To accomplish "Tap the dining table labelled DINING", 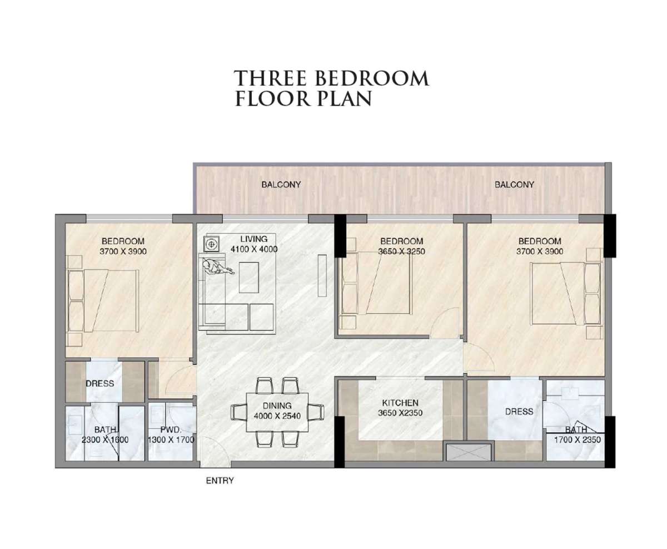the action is (277, 412).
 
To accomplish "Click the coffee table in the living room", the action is (249, 277).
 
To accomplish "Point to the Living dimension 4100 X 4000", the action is (254, 249).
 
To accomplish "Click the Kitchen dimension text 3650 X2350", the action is (400, 413).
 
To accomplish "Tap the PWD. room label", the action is (171, 430).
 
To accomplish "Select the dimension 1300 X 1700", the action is (171, 440).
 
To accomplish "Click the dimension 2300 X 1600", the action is (105, 440).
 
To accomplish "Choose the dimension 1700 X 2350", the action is (577, 439).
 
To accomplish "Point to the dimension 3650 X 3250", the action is (402, 251).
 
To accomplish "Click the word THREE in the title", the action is (270, 78).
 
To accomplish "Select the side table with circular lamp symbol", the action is (211, 244).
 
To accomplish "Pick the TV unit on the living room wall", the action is (322, 275).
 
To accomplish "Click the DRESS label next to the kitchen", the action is (519, 412).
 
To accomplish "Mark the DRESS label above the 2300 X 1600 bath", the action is (99, 383).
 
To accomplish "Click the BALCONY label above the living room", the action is (281, 185).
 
